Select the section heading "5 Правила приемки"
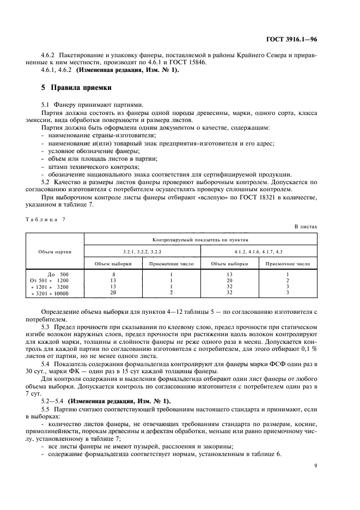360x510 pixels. coord(74,87)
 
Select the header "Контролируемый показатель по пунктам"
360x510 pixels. coord(200,239)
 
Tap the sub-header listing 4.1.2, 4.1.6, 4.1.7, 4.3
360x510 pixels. coord(259,251)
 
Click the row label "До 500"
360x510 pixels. coord(58,274)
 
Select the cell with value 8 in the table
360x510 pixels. coord(113,274)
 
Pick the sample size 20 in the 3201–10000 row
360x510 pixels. coord(113,293)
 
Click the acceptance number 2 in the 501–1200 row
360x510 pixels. coord(288,280)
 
